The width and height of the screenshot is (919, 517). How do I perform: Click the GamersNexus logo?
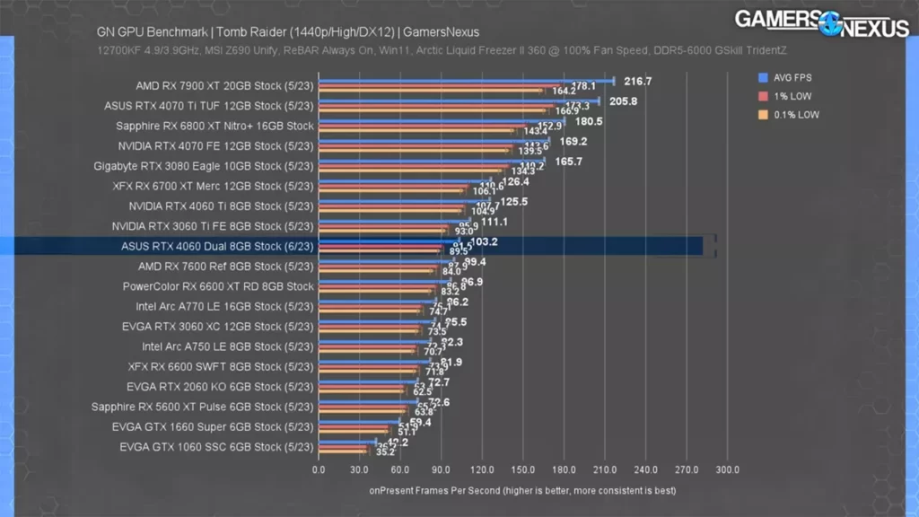tap(821, 22)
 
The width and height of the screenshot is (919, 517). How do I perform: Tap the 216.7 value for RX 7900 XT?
tap(638, 82)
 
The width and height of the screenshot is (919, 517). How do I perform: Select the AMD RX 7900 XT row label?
tap(224, 86)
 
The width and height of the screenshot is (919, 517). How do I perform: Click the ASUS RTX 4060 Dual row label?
tap(217, 246)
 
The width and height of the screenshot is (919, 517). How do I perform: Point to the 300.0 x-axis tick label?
tap(728, 469)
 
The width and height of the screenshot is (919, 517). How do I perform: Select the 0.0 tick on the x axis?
tap(319, 469)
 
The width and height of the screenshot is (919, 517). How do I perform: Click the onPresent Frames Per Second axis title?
tap(522, 491)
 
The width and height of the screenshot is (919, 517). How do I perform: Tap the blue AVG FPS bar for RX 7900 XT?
tap(466, 81)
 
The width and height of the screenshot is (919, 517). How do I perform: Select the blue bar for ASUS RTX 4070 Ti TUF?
tap(459, 101)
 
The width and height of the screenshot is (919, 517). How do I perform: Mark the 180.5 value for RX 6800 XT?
tap(588, 121)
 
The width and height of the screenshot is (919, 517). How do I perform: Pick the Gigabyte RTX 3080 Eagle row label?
tap(204, 166)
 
